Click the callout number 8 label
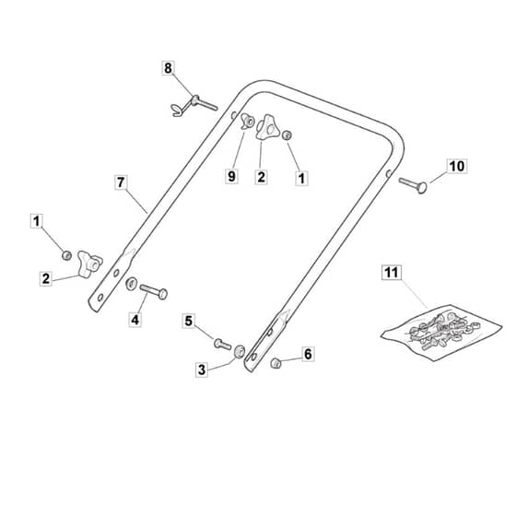tap(168, 68)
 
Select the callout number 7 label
tap(121, 182)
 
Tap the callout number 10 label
tap(457, 166)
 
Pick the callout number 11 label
tap(392, 273)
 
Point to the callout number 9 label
tap(231, 176)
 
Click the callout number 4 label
tap(135, 320)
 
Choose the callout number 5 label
tap(189, 321)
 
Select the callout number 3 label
tap(202, 369)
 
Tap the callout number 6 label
tap(308, 354)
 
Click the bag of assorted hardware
tap(441, 333)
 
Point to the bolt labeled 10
tap(414, 185)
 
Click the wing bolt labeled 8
tap(194, 105)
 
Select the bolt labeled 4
tap(154, 291)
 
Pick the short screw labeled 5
tap(222, 345)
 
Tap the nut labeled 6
tap(276, 363)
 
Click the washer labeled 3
tap(240, 352)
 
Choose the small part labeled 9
tap(247, 122)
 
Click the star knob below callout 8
tap(267, 127)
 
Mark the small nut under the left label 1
tap(66, 255)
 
